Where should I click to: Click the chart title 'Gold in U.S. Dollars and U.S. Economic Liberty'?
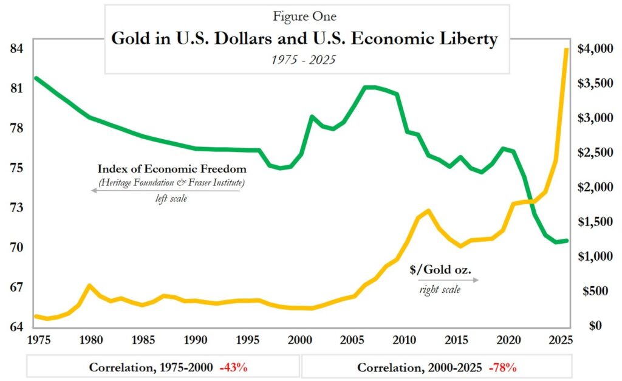coord(304,39)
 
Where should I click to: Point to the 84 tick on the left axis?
coord(17,48)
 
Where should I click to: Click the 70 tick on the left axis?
coord(17,248)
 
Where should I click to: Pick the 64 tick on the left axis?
coord(17,328)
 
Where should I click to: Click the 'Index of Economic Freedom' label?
coord(172,169)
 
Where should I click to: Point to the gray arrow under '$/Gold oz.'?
coord(448,280)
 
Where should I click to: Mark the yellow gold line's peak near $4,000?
coord(566,49)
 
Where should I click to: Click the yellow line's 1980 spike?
coord(90,286)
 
